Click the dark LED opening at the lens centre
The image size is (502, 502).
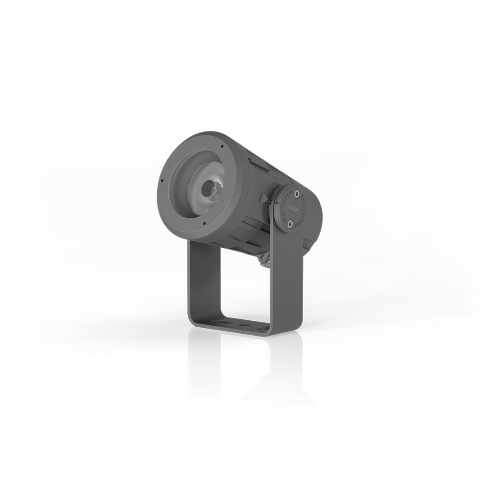coord(205,188)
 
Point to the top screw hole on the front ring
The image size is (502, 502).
coord(223,146)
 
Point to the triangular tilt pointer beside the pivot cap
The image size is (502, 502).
coord(264,199)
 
